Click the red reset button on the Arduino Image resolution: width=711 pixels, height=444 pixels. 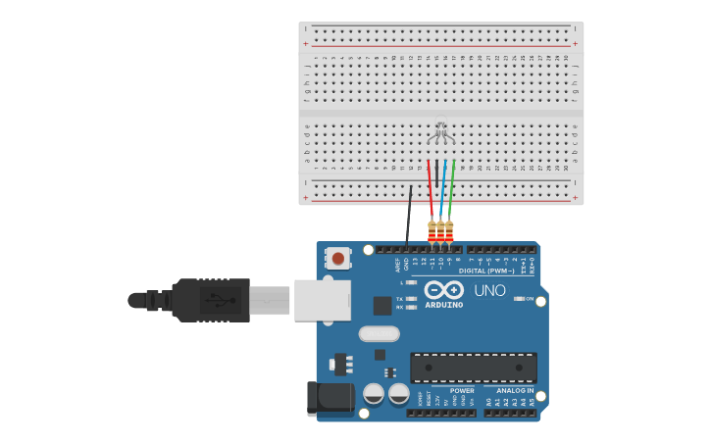tap(337, 259)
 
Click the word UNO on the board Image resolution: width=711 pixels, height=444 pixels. tap(489, 291)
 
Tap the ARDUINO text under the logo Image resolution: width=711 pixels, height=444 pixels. tap(443, 305)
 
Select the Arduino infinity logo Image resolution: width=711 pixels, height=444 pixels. tap(443, 290)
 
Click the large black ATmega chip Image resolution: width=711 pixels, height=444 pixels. tap(474, 369)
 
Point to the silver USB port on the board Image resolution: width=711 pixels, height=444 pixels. tap(323, 300)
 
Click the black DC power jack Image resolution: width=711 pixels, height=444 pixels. tap(330, 397)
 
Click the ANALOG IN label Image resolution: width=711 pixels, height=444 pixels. tap(515, 390)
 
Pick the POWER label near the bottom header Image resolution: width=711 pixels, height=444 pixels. tap(462, 390)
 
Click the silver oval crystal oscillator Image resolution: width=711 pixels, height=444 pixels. tap(380, 333)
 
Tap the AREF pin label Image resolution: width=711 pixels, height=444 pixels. tap(398, 264)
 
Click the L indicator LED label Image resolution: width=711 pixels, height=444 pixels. tap(401, 282)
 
